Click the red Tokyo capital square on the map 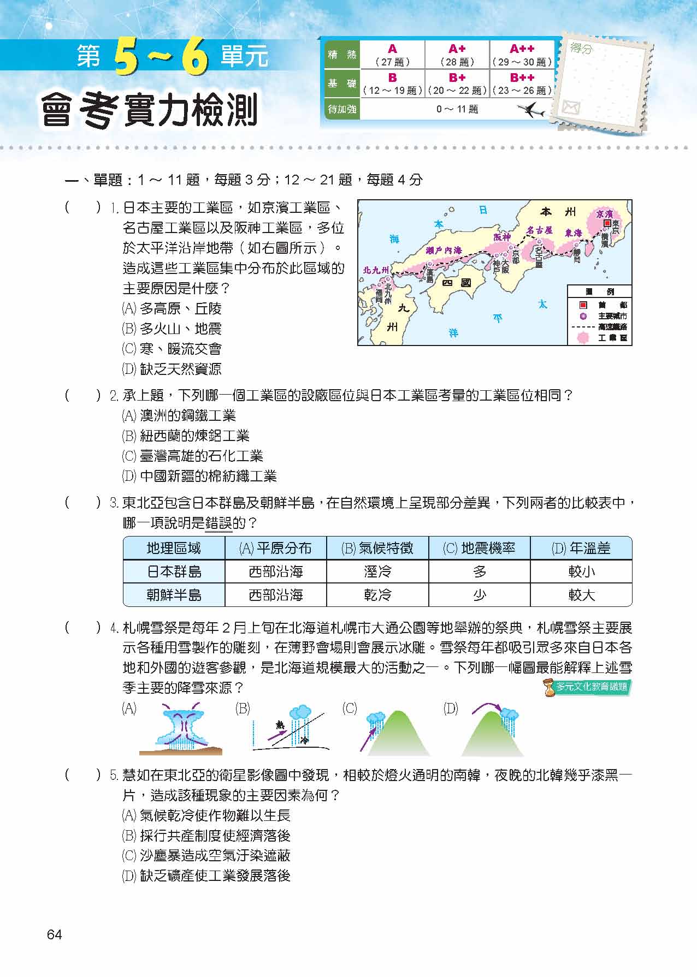[606, 223]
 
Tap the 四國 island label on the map [457, 283]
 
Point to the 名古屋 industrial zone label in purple [540, 230]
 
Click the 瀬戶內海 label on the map [444, 251]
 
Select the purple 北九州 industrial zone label [376, 270]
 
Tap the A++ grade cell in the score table [522, 55]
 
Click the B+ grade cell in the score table [457, 84]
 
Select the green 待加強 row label [342, 109]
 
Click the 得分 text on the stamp [581, 49]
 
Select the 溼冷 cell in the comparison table [377, 571]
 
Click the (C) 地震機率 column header [479, 548]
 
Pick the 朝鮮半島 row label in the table [174, 595]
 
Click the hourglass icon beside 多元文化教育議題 [549, 688]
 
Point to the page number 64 [55, 935]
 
